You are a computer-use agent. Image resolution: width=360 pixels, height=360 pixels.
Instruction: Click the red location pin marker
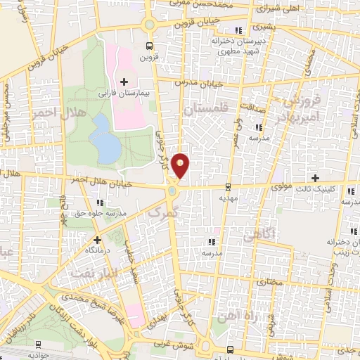[x=181, y=166]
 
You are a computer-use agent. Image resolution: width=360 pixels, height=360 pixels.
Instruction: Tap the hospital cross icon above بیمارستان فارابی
[x=124, y=82]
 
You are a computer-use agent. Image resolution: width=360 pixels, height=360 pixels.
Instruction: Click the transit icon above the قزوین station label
[x=148, y=46]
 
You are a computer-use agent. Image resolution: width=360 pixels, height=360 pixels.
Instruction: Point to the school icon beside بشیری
[x=238, y=29]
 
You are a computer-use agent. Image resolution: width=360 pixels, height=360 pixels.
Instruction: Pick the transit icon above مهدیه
[x=228, y=188]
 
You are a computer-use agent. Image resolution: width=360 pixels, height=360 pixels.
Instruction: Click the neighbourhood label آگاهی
[x=257, y=238]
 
